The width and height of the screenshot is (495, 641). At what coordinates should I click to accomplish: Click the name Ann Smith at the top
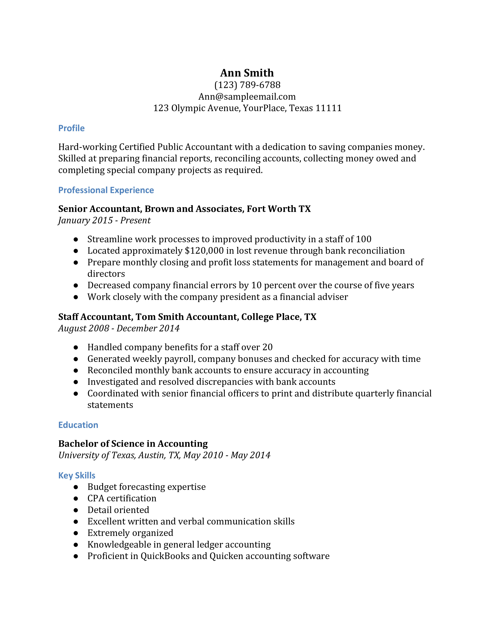click(247, 73)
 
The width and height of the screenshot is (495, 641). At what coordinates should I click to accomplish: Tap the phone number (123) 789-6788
click(247, 85)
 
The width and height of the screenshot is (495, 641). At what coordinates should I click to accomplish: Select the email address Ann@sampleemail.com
click(247, 97)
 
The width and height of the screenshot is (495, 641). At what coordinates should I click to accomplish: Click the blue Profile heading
click(71, 128)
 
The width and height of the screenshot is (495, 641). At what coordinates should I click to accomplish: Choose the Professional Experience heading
click(106, 190)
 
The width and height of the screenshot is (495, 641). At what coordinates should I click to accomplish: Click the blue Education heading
click(78, 425)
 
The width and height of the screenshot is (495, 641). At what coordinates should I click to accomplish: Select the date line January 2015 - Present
click(104, 220)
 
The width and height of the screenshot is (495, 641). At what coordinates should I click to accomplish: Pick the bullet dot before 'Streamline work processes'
click(76, 240)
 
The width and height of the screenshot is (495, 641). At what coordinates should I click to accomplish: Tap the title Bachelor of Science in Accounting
click(133, 443)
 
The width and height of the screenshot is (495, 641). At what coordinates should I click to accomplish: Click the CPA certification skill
click(122, 498)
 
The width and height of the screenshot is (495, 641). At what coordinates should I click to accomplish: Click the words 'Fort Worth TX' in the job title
click(279, 209)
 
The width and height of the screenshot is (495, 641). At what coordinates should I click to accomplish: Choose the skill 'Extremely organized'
click(130, 533)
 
